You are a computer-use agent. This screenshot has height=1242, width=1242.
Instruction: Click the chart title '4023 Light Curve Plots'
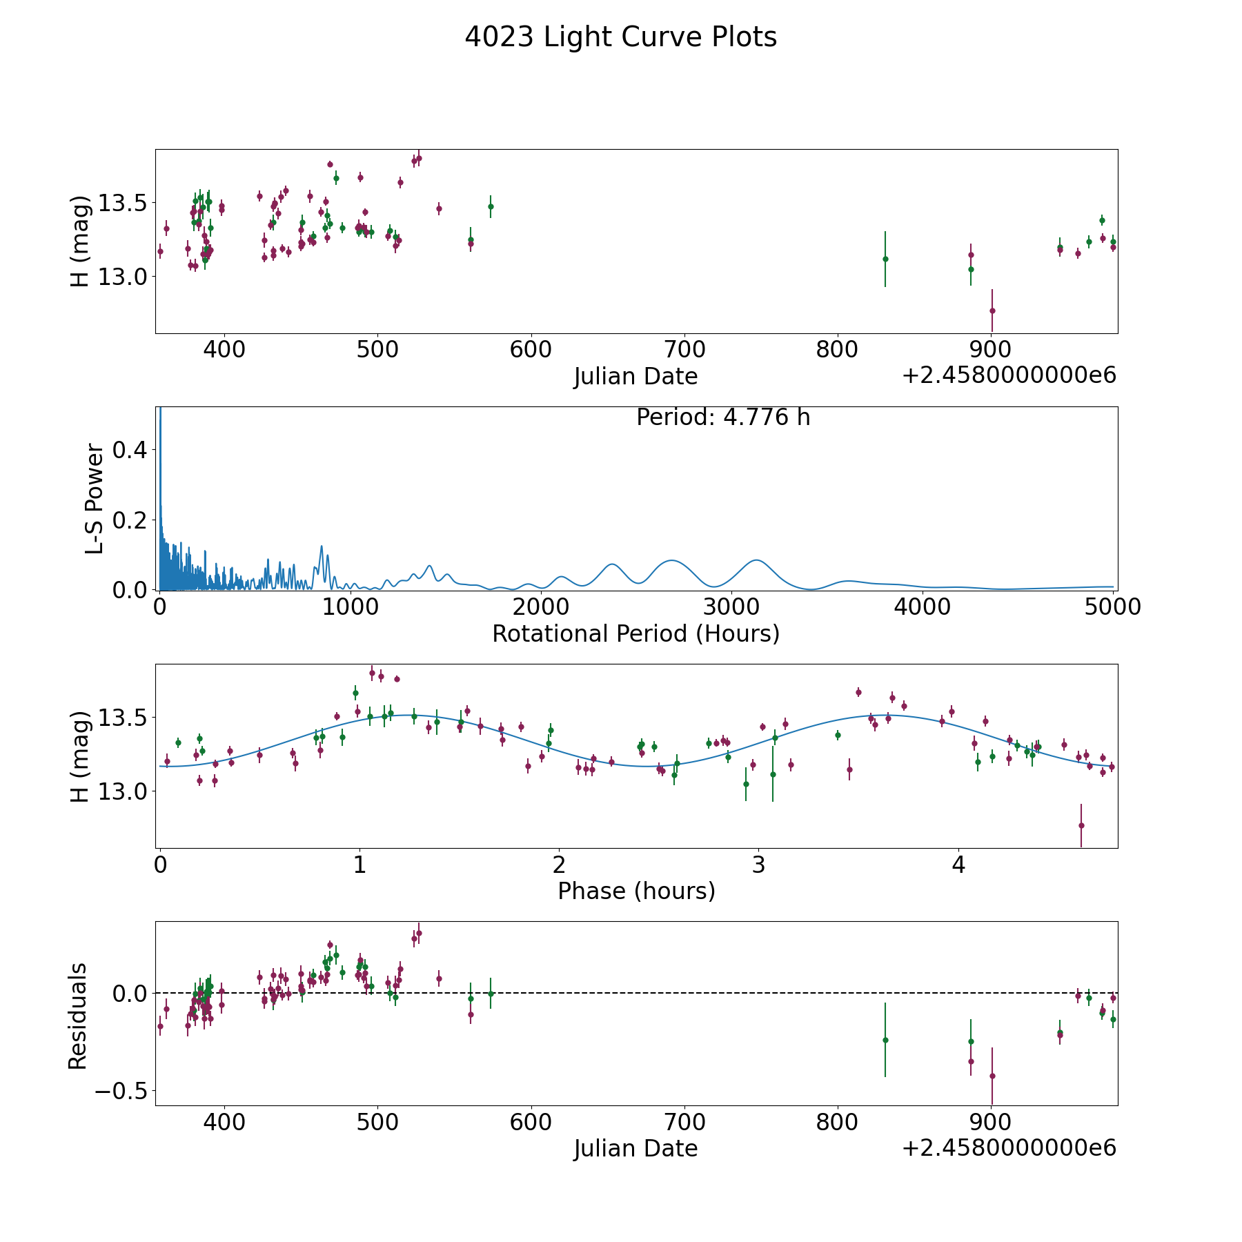(x=620, y=37)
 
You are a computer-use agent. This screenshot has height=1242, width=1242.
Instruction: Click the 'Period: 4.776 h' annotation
(x=722, y=417)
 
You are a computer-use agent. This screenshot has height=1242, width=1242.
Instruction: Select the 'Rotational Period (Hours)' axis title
(x=635, y=633)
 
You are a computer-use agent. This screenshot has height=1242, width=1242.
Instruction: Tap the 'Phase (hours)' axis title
(x=636, y=891)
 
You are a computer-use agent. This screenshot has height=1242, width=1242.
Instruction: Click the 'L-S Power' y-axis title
(x=95, y=499)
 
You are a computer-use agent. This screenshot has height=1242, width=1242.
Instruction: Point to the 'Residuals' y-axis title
(x=78, y=1016)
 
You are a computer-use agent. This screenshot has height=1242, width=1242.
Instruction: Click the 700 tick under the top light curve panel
(x=684, y=349)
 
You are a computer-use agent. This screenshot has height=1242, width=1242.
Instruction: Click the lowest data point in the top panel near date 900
(x=992, y=310)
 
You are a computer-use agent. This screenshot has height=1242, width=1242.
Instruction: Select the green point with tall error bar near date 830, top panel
(x=885, y=259)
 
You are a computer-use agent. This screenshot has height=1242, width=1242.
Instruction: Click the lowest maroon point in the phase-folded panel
(x=1081, y=825)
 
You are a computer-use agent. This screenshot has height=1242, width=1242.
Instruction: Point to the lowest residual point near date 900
(x=992, y=1076)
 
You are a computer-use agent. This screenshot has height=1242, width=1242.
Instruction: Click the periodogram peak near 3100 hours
(x=757, y=560)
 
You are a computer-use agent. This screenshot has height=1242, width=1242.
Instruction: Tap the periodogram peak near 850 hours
(x=321, y=546)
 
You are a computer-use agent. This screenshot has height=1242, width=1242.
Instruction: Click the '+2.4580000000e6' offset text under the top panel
(x=1009, y=375)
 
